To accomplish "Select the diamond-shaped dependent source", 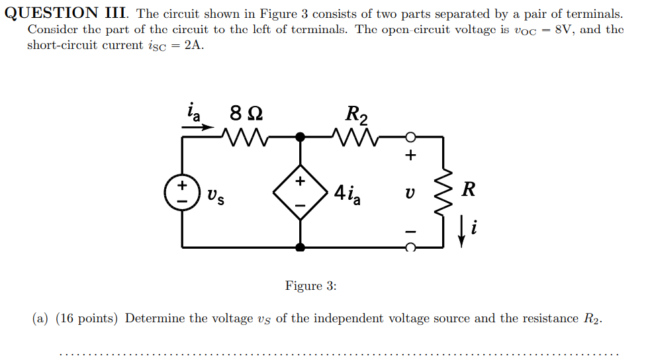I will pyautogui.click(x=301, y=193).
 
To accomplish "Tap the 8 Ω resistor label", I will pyautogui.click(x=246, y=114).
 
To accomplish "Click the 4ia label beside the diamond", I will pyautogui.click(x=347, y=194).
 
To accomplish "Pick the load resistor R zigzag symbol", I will pyautogui.click(x=442, y=192).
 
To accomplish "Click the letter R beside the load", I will pyautogui.click(x=468, y=191).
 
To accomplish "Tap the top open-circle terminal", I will pyautogui.click(x=410, y=138).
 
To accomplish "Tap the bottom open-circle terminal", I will pyautogui.click(x=410, y=247).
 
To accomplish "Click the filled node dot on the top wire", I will pyautogui.click(x=301, y=138).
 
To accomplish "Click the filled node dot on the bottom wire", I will pyautogui.click(x=301, y=247).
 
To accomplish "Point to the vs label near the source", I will pyautogui.click(x=214, y=196).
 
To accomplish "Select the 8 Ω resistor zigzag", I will pyautogui.click(x=246, y=138).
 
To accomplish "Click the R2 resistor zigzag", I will pyautogui.click(x=356, y=138).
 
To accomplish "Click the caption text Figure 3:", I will pyautogui.click(x=311, y=286).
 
